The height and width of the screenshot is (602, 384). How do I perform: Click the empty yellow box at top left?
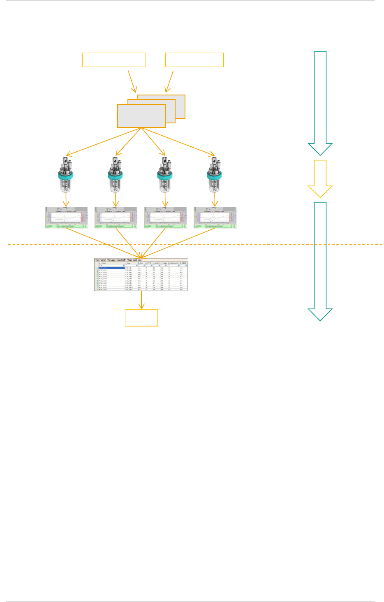point(114,60)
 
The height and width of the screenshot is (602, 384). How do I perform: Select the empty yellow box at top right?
point(194,60)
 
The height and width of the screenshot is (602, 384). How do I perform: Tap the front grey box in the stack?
point(141,116)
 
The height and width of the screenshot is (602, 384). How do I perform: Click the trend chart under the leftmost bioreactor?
point(66,218)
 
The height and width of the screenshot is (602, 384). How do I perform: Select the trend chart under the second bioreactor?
point(116,218)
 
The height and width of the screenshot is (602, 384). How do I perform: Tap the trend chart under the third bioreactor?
point(165,218)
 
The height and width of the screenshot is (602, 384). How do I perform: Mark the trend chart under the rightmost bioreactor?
point(215,218)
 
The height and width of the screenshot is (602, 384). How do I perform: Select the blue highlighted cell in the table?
point(111,268)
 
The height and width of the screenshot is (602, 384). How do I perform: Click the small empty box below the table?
point(141,318)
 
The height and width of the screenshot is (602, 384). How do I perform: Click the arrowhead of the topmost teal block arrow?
point(320,149)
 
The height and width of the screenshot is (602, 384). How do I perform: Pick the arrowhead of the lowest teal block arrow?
point(320,315)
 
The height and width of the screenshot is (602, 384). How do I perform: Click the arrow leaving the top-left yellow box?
point(132,81)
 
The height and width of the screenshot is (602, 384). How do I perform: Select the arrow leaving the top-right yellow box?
point(169,81)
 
